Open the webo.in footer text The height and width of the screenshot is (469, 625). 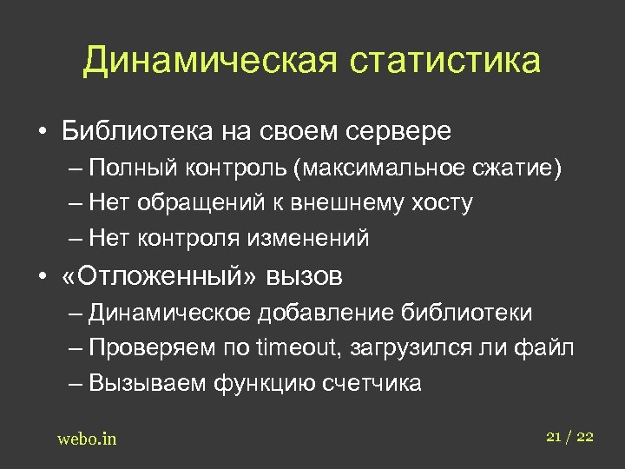[x=87, y=439]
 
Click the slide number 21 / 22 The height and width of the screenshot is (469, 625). [x=569, y=437]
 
